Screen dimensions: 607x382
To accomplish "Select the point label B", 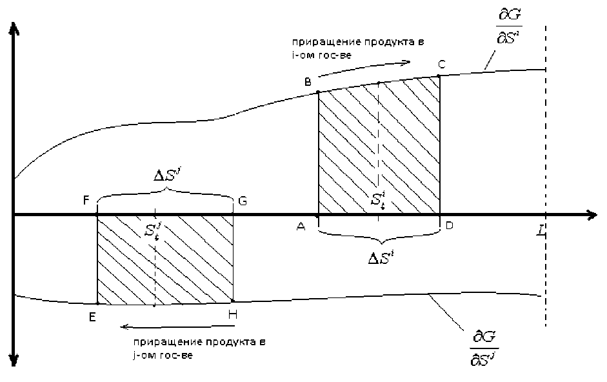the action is [308, 82].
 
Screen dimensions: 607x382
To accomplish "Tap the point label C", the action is [441, 64].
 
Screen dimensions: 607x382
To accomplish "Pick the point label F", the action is [86, 201].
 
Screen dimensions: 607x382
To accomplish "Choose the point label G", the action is [243, 201].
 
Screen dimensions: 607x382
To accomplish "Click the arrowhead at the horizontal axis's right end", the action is [590, 215].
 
